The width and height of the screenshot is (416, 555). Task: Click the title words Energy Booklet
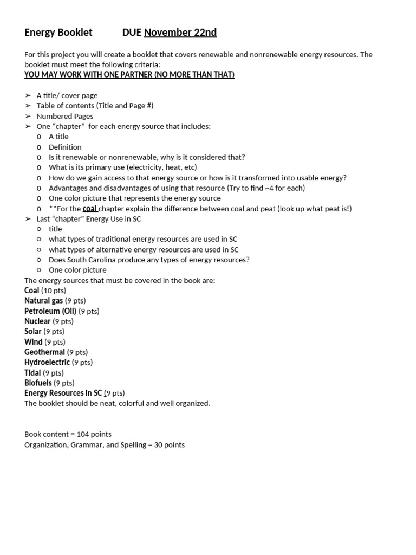click(58, 33)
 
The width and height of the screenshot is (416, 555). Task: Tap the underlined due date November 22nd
click(180, 33)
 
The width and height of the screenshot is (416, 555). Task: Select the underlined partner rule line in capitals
click(129, 74)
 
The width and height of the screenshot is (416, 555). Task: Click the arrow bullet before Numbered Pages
click(28, 116)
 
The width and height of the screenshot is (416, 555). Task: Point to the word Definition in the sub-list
click(65, 147)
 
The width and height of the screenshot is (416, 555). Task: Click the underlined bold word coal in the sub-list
click(90, 209)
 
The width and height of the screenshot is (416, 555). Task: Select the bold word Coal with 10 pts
click(32, 291)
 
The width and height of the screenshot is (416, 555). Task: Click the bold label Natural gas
click(43, 300)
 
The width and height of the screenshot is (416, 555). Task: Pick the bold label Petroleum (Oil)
click(50, 311)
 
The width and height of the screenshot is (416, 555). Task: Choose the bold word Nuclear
click(37, 321)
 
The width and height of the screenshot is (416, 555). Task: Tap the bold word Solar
click(33, 331)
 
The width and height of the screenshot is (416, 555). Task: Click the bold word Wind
click(33, 342)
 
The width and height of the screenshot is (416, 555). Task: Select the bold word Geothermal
click(44, 352)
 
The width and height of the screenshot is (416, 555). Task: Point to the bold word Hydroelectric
click(47, 362)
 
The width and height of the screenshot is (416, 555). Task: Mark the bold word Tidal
click(32, 373)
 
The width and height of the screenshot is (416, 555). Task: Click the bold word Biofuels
click(38, 383)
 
